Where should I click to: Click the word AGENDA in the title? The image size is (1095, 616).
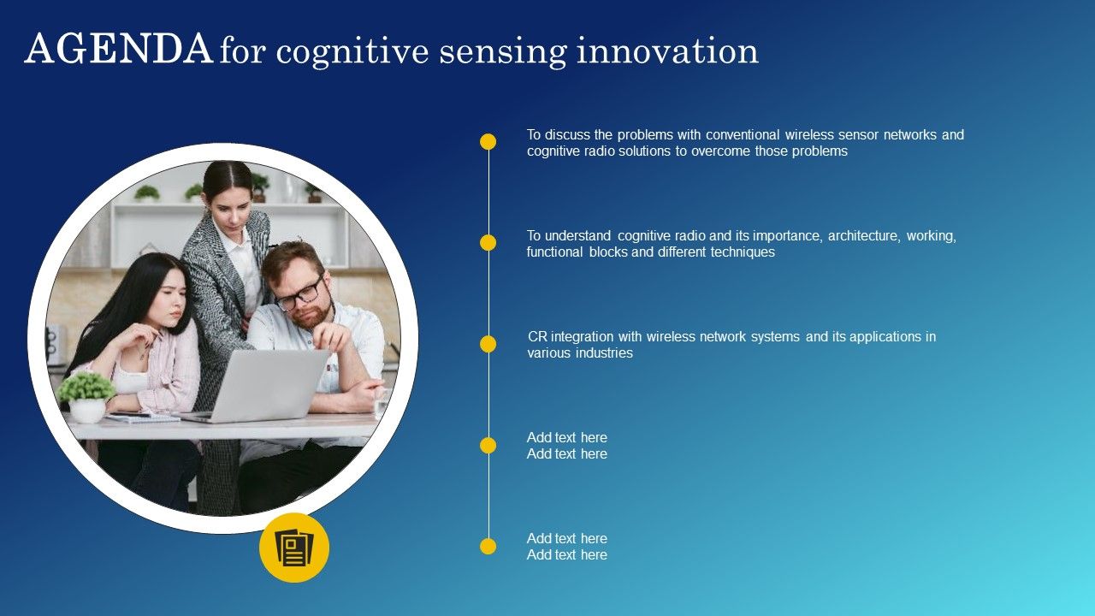click(119, 49)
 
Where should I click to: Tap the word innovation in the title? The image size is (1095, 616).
click(667, 50)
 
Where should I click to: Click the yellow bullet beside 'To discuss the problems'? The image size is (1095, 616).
click(488, 142)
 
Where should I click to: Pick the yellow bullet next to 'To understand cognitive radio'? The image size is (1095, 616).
click(488, 242)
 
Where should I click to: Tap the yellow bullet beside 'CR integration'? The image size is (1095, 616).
click(488, 344)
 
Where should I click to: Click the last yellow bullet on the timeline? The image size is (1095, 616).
click(488, 546)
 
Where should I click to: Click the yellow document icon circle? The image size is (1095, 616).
click(294, 548)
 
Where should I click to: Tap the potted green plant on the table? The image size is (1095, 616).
click(86, 397)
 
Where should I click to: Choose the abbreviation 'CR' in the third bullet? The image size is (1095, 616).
click(537, 337)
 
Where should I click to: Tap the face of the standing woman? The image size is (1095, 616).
click(230, 205)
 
